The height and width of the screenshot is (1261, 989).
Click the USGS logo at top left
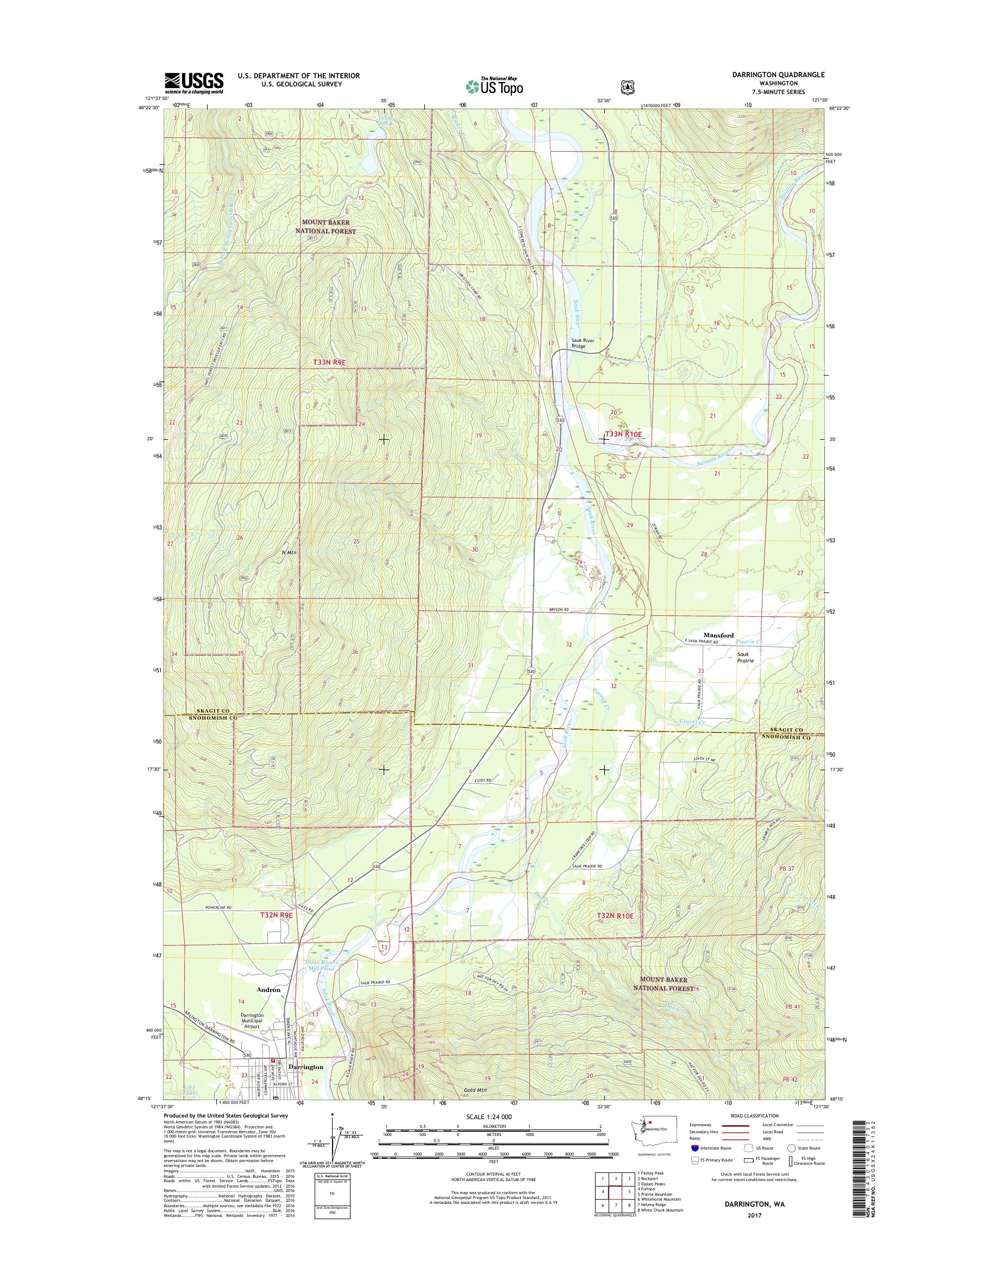(193, 83)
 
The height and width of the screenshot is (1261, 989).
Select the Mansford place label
(703, 635)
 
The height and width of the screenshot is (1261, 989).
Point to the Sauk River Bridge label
(583, 343)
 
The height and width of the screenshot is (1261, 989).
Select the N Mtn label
(289, 553)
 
